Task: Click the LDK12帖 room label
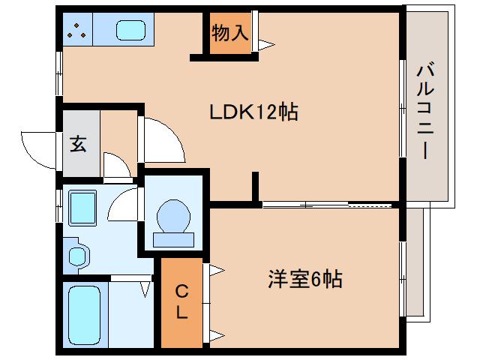pyautogui.click(x=253, y=112)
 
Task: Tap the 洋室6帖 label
pyautogui.click(x=305, y=280)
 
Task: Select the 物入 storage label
pyautogui.click(x=229, y=32)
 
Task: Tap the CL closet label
pyautogui.click(x=181, y=301)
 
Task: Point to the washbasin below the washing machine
pyautogui.click(x=76, y=254)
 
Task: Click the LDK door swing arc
pyautogui.click(x=163, y=139)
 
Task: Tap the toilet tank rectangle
pyautogui.click(x=173, y=240)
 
